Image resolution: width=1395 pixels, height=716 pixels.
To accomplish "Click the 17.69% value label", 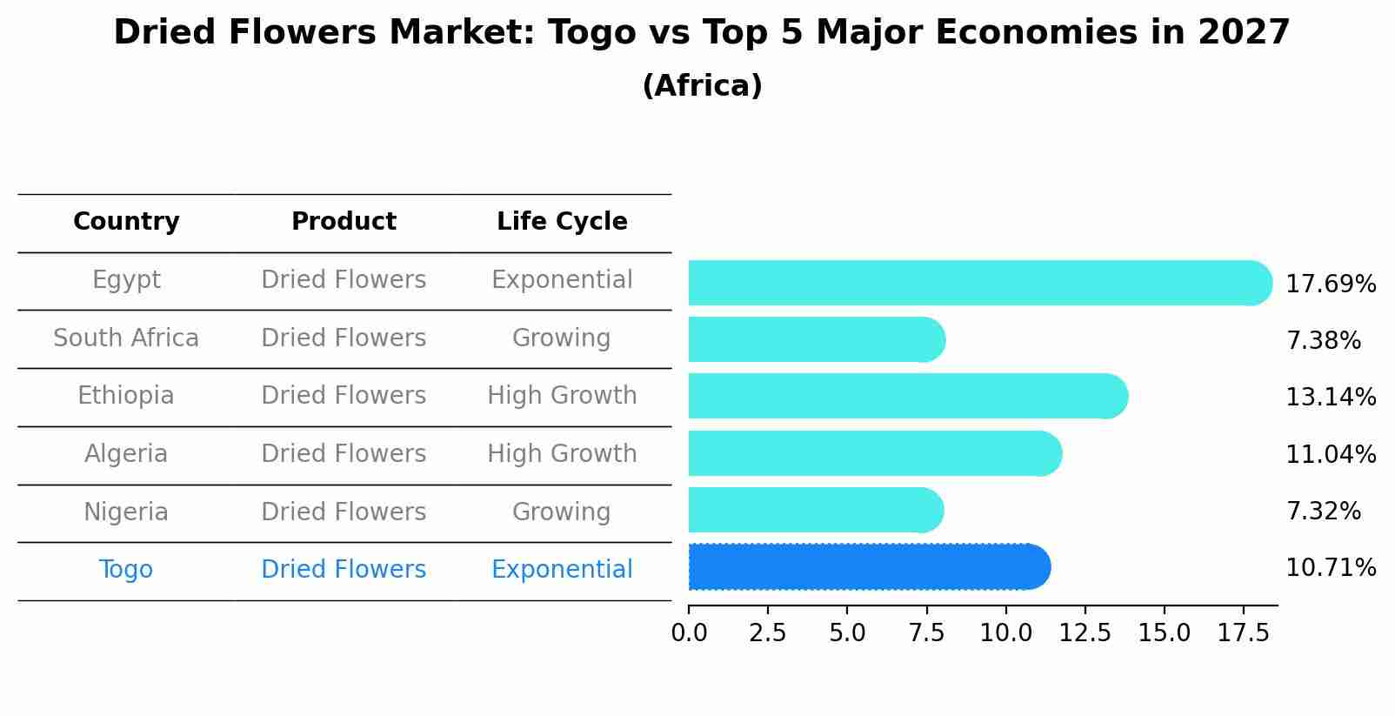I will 1330,284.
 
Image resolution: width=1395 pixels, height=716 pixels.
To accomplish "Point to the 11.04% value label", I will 1330,454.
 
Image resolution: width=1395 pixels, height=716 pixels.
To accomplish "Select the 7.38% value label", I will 1323,340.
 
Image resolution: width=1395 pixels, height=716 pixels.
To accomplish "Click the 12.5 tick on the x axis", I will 1085,633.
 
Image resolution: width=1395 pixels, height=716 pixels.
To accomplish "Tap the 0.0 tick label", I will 689,633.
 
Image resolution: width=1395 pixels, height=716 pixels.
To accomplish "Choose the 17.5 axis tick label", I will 1244,633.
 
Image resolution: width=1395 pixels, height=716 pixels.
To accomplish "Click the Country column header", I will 126,222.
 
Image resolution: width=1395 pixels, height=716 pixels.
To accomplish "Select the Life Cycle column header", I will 562,222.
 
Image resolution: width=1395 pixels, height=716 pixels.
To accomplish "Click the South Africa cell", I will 126,338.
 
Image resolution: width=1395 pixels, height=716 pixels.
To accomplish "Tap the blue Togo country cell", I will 126,570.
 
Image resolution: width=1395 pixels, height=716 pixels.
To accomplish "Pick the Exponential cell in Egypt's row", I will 562,280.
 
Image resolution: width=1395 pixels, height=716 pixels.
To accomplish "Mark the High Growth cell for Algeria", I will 562,454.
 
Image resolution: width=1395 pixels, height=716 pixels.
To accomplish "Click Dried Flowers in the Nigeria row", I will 344,512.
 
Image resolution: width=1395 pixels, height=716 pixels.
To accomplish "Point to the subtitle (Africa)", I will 702,86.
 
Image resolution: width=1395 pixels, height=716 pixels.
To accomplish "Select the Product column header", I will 344,222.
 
